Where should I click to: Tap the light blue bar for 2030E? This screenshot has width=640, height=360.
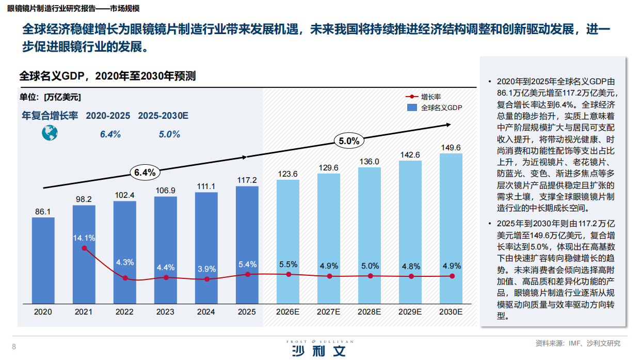pos(451,227)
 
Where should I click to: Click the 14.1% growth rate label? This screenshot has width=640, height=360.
pos(84,238)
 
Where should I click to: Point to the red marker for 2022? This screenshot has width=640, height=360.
pos(125,278)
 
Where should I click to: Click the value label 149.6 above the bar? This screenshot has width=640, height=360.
pos(451,148)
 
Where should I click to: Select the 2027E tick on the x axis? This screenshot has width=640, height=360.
pos(328,312)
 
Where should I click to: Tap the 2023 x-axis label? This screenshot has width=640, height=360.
pos(165,312)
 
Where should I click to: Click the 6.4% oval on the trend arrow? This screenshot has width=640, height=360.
pos(145,173)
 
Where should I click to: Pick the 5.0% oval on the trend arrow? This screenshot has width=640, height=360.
pos(349,140)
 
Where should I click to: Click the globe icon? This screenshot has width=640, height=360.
pos(50,133)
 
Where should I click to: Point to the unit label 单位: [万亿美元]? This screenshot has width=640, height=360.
pos(50,97)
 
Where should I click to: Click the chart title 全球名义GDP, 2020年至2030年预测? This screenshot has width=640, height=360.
pos(107,76)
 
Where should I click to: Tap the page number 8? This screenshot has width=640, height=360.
pos(14,346)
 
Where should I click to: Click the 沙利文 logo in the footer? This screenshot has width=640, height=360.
pos(317,350)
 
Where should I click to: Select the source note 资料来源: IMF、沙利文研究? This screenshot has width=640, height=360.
pos(578,343)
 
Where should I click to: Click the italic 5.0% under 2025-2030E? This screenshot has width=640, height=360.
pos(169,134)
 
